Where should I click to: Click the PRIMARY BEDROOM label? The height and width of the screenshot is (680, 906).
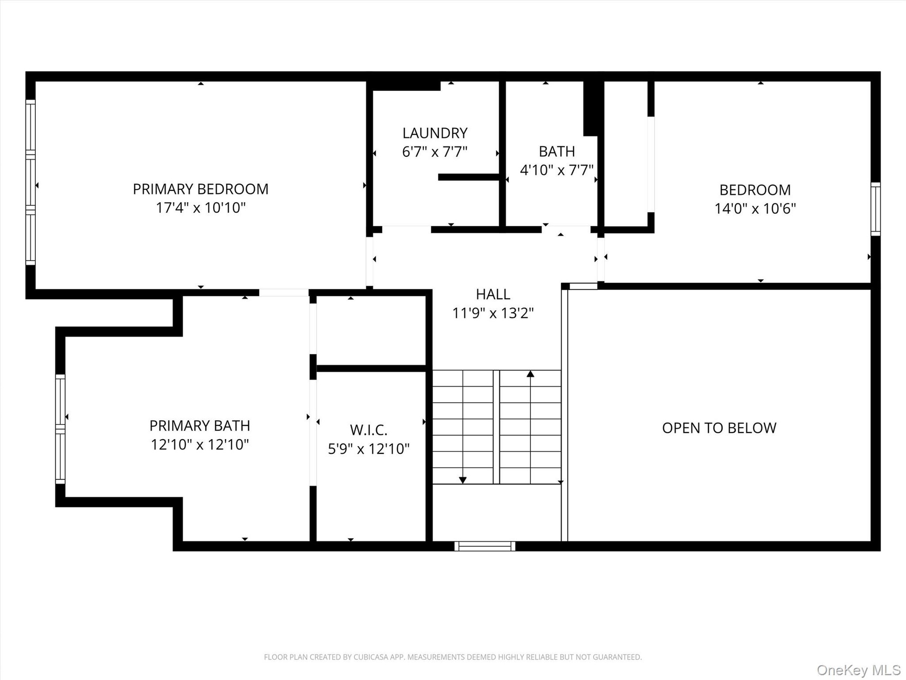tap(201, 189)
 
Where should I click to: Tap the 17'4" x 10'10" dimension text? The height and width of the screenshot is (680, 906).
tap(201, 208)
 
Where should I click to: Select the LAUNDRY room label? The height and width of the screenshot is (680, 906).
tap(435, 133)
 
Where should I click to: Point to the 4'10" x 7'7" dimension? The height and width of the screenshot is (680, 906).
tap(557, 170)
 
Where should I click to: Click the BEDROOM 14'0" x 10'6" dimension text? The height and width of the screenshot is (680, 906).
tap(755, 209)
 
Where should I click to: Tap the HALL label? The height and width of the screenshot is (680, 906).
tap(493, 294)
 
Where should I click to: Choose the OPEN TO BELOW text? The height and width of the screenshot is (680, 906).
tap(719, 428)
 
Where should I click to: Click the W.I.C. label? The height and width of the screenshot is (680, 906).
tap(369, 430)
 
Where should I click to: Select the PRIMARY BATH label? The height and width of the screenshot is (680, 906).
tap(200, 426)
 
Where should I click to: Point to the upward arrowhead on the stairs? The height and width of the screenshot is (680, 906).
tap(530, 374)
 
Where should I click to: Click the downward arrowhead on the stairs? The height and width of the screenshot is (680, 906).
tap(463, 480)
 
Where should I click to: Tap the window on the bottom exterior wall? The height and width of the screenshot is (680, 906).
tap(485, 546)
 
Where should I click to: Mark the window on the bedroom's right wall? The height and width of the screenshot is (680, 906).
tap(875, 209)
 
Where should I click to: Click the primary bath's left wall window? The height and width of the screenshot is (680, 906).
tap(60, 429)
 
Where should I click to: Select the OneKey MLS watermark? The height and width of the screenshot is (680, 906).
tap(859, 670)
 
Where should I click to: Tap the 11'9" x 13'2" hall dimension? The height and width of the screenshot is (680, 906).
tap(493, 313)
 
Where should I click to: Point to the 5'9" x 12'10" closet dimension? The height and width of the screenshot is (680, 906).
tap(369, 449)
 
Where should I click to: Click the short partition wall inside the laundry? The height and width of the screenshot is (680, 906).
tap(469, 177)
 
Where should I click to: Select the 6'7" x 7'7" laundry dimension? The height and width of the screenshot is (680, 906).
tap(435, 152)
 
